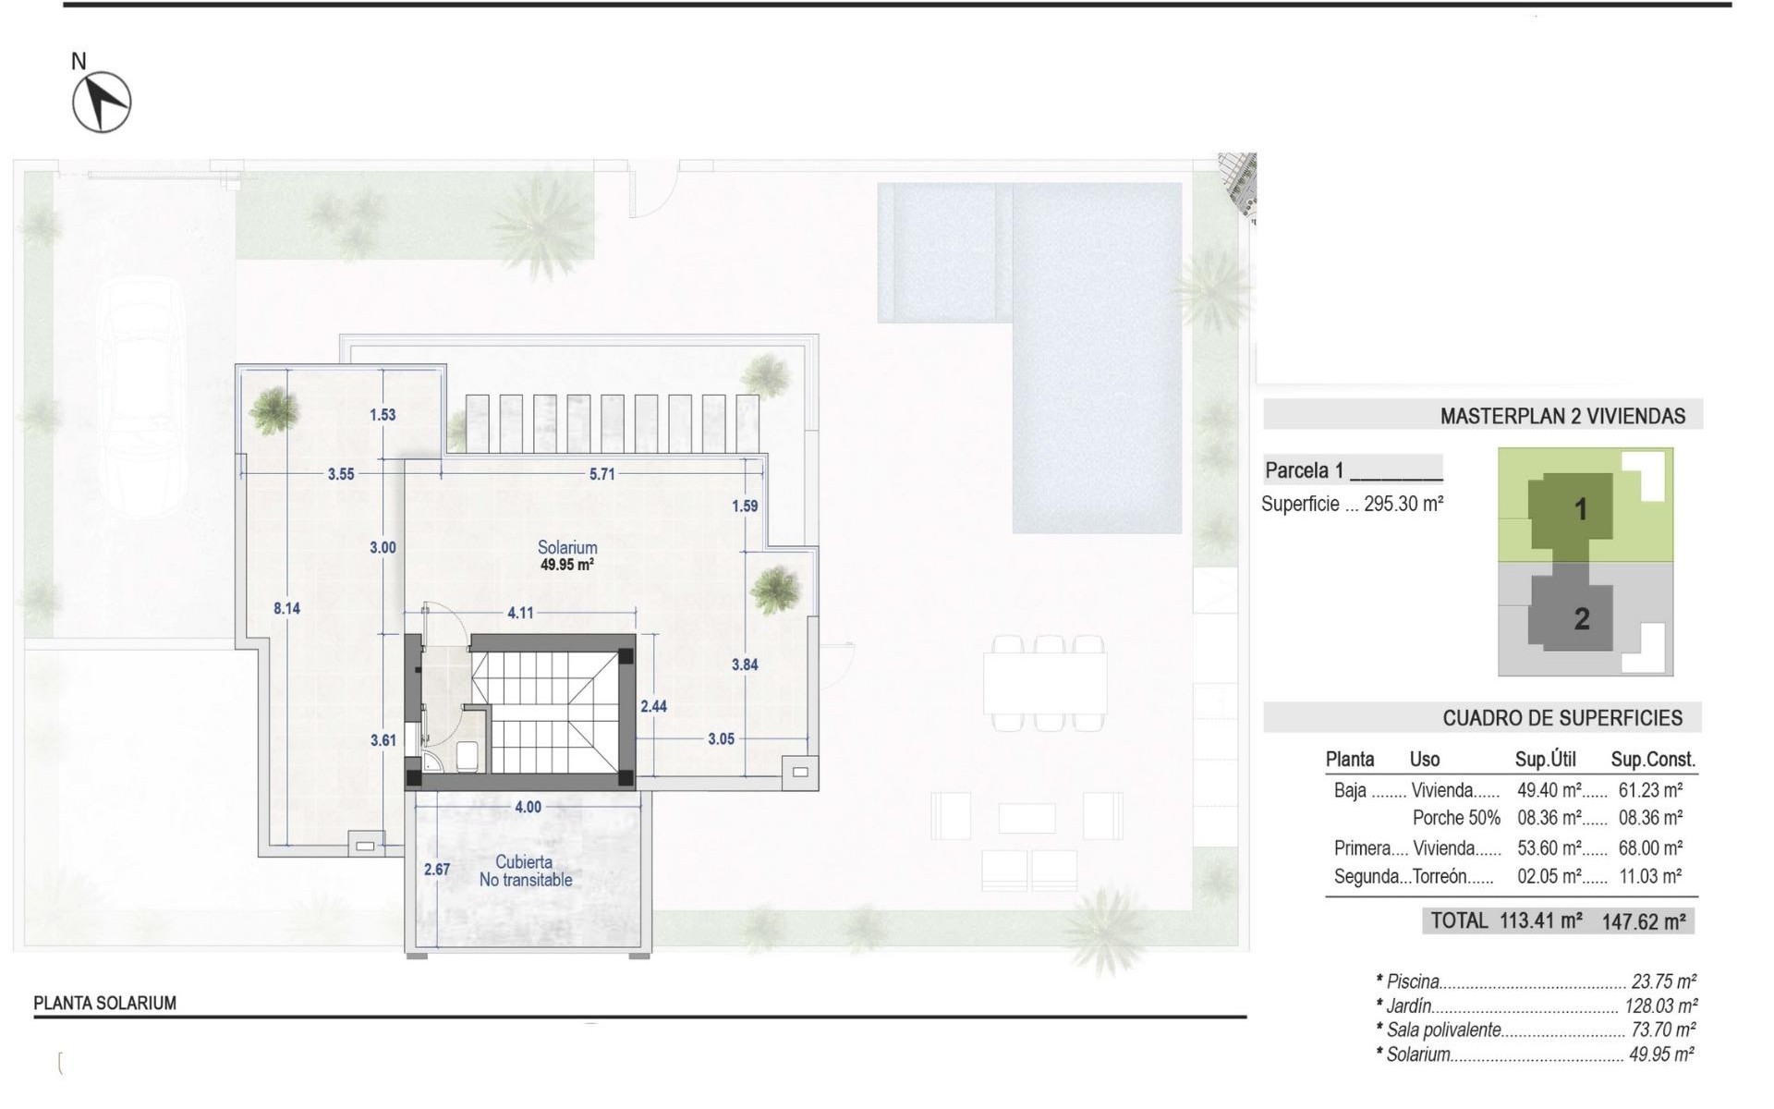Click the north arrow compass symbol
[102, 102]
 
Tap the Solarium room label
[567, 547]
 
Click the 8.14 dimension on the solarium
[286, 608]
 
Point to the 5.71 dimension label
[601, 474]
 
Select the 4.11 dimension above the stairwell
[520, 612]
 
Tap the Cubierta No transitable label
[525, 871]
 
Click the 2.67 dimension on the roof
[437, 870]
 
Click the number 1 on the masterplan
[1580, 509]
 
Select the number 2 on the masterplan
[1582, 618]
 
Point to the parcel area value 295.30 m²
[1403, 505]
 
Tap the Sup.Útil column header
[1545, 760]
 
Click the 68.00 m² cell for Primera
[1650, 847]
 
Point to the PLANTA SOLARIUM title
[104, 1003]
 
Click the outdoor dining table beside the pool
[1045, 682]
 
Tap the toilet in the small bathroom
[467, 757]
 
